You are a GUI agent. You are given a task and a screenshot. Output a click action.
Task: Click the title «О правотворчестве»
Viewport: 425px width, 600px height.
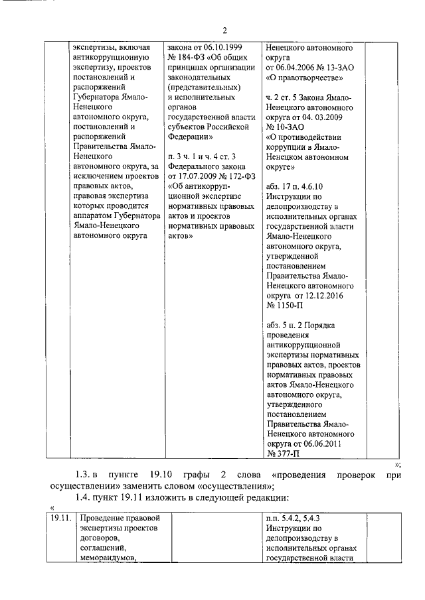304,78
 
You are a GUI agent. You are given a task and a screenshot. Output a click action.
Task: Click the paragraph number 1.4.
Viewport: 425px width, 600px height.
83,497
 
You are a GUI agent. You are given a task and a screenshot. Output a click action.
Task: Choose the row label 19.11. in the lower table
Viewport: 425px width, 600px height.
60,517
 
